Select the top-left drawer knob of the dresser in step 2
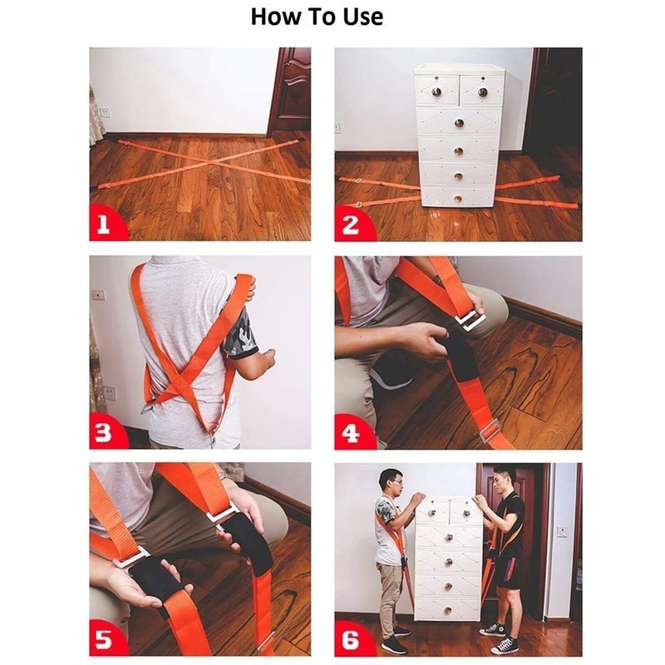(436, 92)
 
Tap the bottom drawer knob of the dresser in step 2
(458, 199)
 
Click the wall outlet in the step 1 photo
(105, 113)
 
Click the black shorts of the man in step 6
(510, 572)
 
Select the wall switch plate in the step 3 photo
(98, 294)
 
